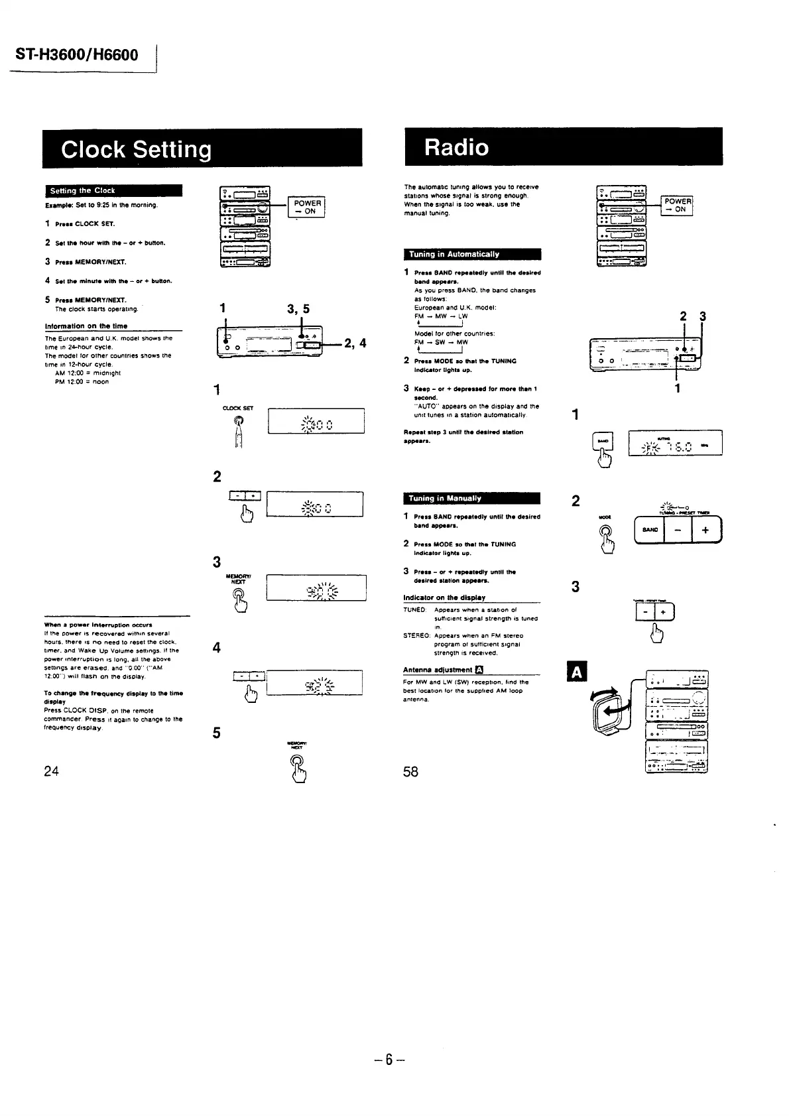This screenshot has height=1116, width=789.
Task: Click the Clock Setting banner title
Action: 137,149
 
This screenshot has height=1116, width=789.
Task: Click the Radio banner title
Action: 457,147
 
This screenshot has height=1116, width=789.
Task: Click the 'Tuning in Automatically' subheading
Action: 454,255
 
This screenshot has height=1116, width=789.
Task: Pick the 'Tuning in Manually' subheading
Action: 445,499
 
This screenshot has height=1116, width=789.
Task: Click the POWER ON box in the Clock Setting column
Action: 307,208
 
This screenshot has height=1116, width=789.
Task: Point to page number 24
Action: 51,771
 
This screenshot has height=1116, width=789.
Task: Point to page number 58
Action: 410,771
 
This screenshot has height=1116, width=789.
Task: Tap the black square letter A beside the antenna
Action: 577,672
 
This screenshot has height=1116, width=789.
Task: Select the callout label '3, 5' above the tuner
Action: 298,309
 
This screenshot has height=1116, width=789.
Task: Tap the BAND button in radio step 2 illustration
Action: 650,530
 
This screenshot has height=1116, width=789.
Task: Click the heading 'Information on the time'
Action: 86,326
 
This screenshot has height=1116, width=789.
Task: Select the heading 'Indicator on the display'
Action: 444,597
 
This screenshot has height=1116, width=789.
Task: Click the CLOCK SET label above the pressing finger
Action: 238,408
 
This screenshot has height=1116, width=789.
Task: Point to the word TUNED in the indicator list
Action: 414,610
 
